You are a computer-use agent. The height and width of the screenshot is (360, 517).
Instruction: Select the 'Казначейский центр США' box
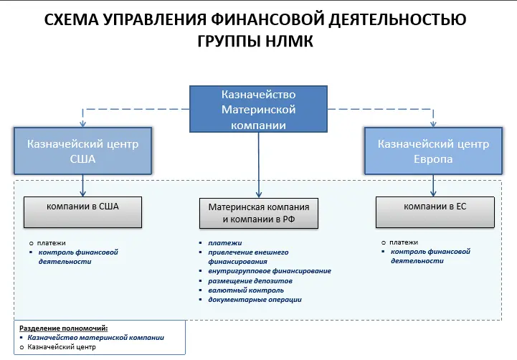coord(82,151)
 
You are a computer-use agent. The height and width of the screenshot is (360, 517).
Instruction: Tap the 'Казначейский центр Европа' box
coord(432,151)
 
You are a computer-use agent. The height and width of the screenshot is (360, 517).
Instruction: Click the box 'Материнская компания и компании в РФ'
coord(257,213)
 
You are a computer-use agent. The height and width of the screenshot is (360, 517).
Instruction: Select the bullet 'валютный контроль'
coord(241,290)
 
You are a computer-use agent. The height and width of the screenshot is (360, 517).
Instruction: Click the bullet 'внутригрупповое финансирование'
coord(269,271)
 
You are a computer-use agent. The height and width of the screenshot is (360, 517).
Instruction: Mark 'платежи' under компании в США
coord(52,242)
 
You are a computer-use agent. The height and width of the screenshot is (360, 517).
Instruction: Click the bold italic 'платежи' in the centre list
coord(224,243)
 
